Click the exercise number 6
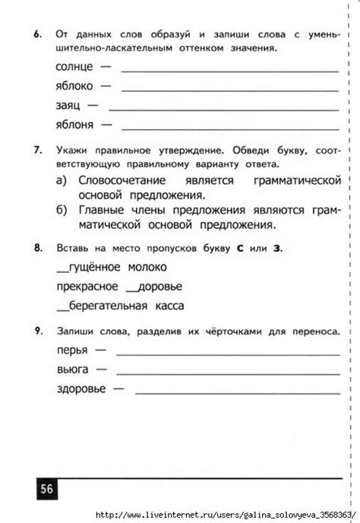coord(37,36)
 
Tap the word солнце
coord(75,68)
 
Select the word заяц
coord(70,105)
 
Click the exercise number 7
coord(37,151)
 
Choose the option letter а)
coord(63,181)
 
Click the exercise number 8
coord(37,249)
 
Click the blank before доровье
coord(131,290)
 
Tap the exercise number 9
coord(37,331)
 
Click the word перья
coord(72,350)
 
